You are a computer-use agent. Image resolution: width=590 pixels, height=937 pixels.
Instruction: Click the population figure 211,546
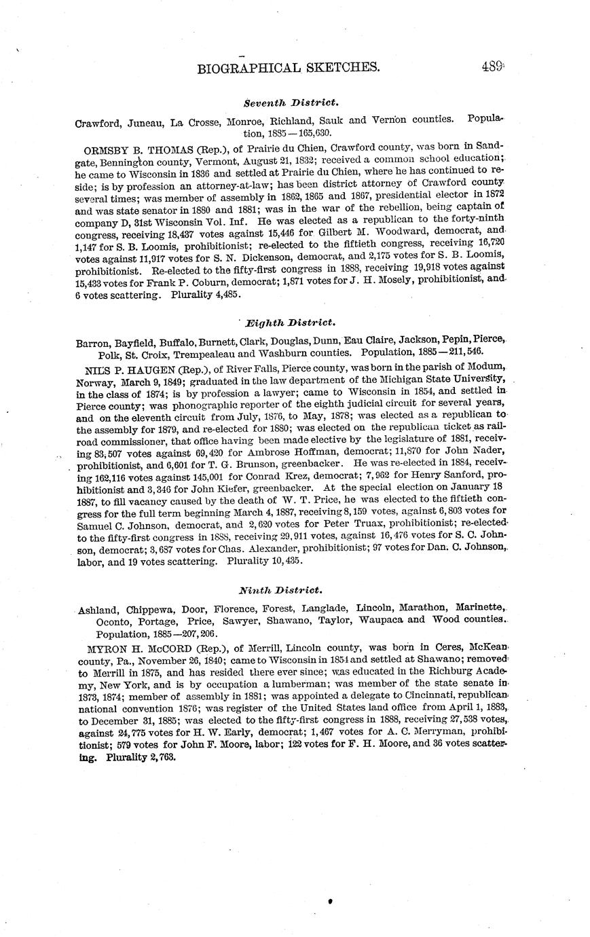coord(462,352)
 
